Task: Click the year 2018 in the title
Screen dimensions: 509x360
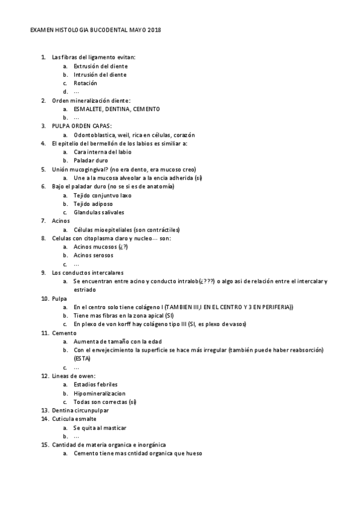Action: [x=154, y=29]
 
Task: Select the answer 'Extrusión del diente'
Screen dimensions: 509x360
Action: [x=100, y=66]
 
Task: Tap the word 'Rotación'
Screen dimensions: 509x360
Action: [x=85, y=83]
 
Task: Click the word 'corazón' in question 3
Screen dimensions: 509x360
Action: [x=184, y=135]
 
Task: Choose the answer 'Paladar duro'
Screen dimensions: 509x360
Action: [x=90, y=161]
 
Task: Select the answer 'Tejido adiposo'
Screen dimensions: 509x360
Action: [x=94, y=204]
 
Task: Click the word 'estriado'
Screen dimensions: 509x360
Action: [x=85, y=289]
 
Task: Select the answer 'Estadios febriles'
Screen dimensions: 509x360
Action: [x=95, y=384]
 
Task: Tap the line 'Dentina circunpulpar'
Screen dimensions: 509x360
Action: [x=80, y=410]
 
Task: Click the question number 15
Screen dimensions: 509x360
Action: [x=44, y=445]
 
